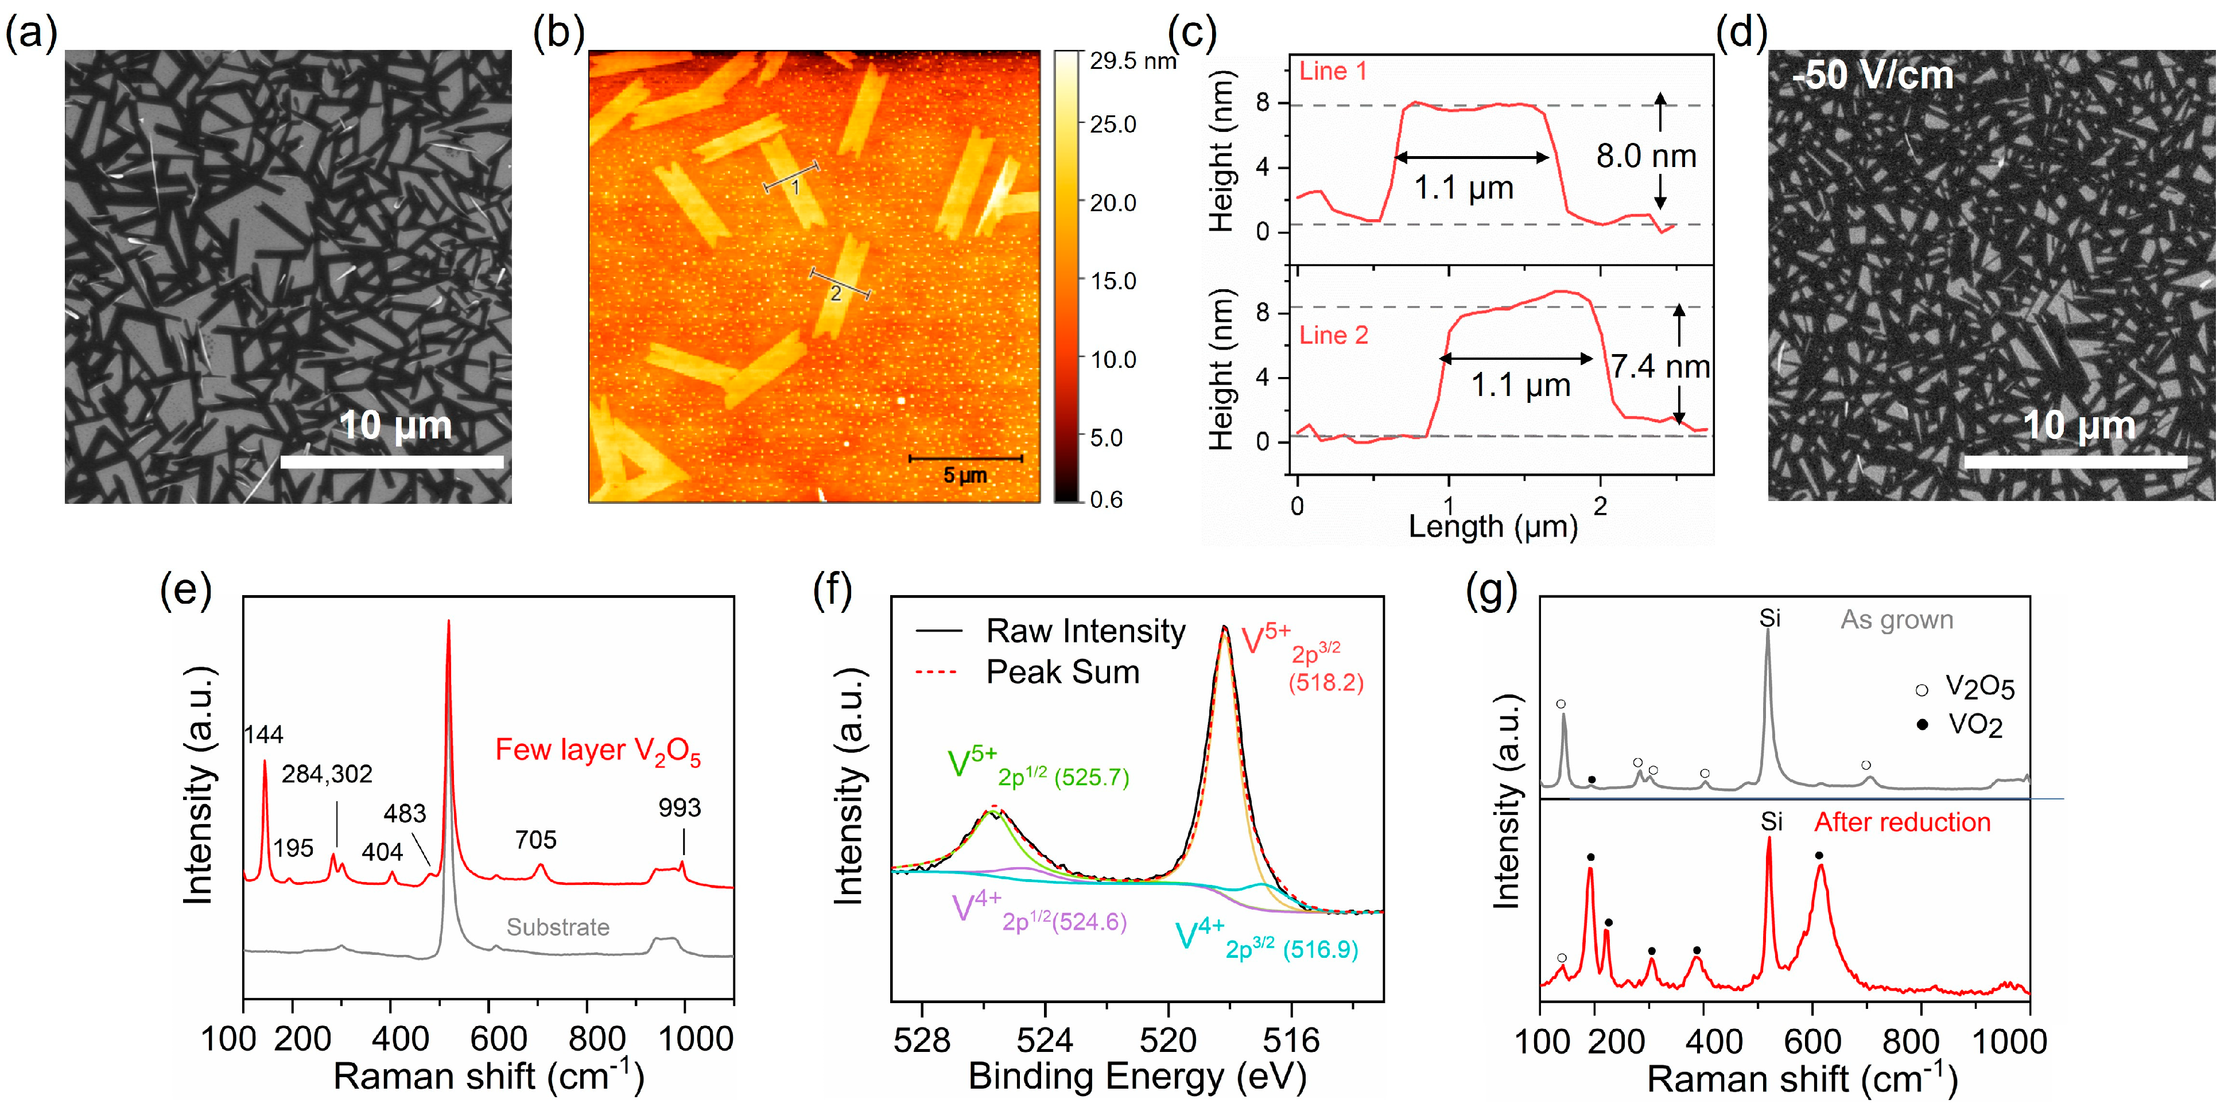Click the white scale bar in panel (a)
click(x=391, y=462)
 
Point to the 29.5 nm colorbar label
click(x=1132, y=61)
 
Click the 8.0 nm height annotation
click(x=1645, y=157)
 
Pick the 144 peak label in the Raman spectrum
click(x=263, y=735)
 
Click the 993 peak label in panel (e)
click(x=680, y=807)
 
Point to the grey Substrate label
click(x=557, y=927)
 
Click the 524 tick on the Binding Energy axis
click(x=1045, y=1040)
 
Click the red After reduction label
click(x=1902, y=822)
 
